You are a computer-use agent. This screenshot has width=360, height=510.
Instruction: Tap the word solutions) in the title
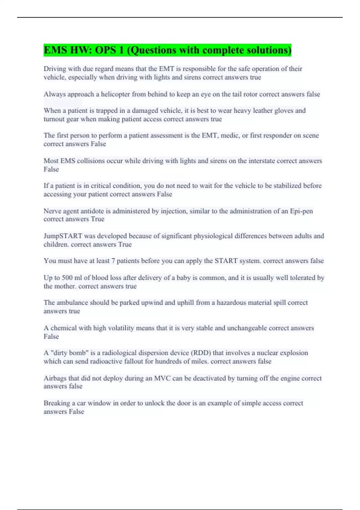[269, 50]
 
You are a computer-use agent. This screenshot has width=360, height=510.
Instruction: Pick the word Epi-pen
[301, 211]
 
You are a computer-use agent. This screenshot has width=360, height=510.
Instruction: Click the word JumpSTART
[63, 236]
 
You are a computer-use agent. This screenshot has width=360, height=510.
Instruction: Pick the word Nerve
[52, 211]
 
